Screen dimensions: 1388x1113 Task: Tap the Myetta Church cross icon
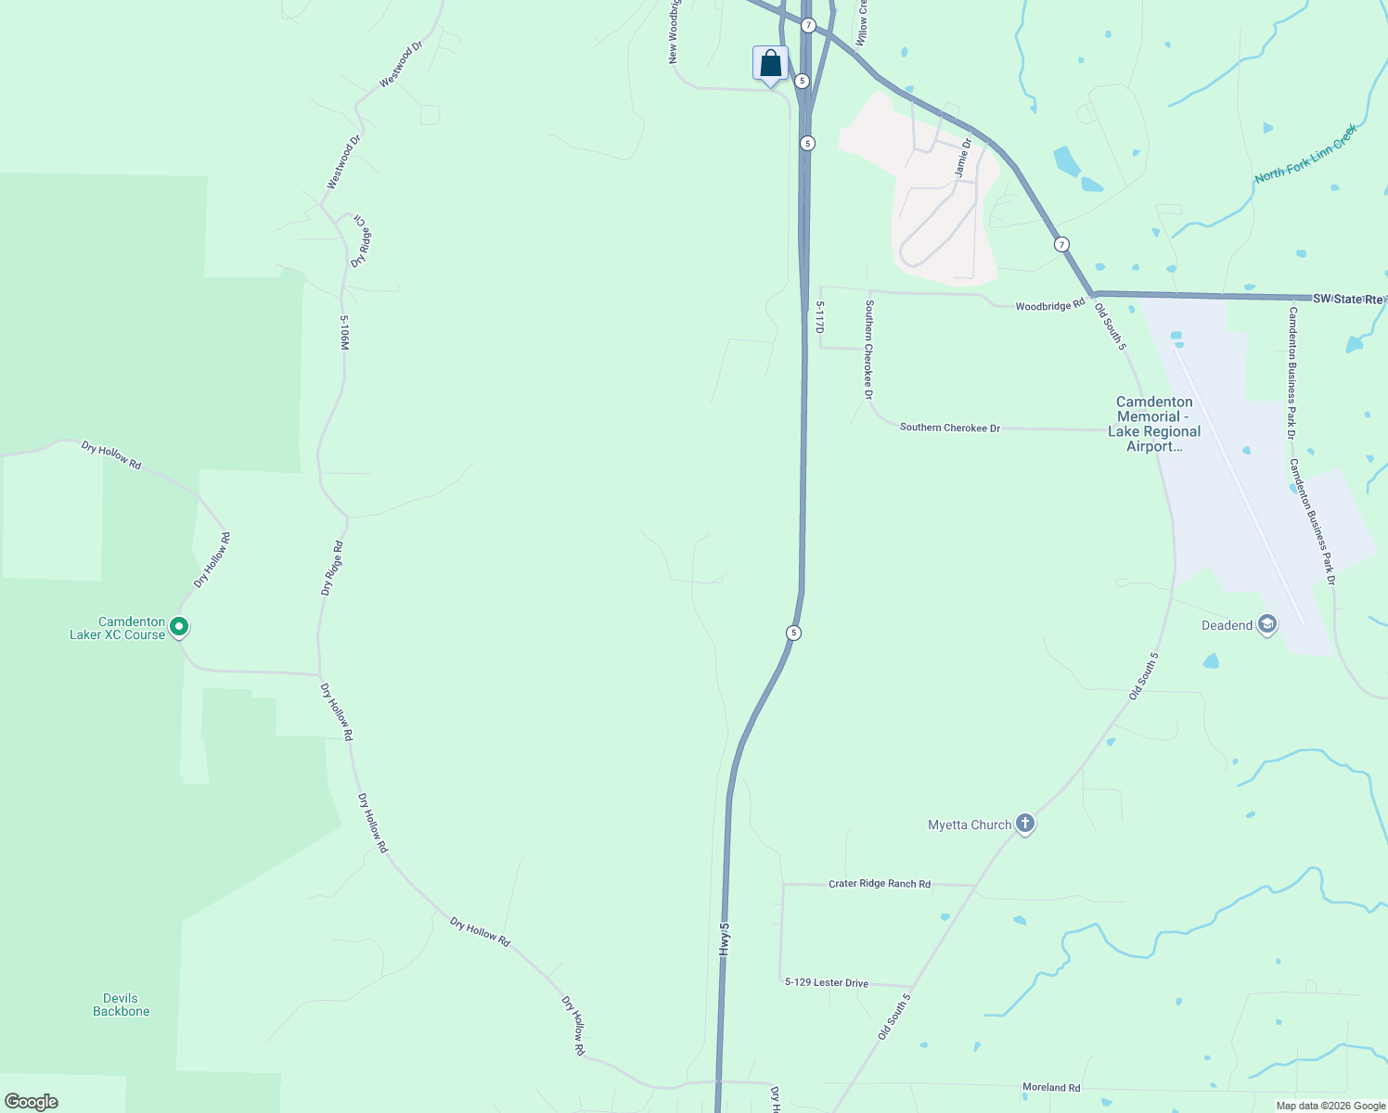coord(1024,824)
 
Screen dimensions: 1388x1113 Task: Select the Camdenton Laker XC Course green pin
coord(180,628)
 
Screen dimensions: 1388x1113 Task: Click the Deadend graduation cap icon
coord(1266,625)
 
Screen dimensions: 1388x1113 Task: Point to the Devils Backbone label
coord(121,1004)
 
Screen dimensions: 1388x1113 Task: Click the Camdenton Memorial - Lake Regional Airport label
coord(1154,424)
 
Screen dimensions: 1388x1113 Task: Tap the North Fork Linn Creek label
coord(1305,154)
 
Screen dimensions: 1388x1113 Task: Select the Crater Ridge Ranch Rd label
coord(879,884)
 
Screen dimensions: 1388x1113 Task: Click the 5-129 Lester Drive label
coord(826,982)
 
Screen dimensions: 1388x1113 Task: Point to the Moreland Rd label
coord(1051,1087)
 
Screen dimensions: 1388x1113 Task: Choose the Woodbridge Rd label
coord(1049,305)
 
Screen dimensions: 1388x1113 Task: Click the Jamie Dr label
coord(962,158)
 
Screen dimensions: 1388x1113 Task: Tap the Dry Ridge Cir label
coord(360,243)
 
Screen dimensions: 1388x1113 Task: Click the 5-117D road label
coord(819,316)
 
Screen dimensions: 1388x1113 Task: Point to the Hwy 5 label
coord(725,939)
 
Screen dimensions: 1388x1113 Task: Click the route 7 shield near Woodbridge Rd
coord(1061,245)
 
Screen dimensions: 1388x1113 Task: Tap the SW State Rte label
coord(1348,299)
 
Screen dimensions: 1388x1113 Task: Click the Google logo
coord(32,1102)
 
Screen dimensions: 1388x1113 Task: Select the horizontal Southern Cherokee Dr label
coord(949,428)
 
